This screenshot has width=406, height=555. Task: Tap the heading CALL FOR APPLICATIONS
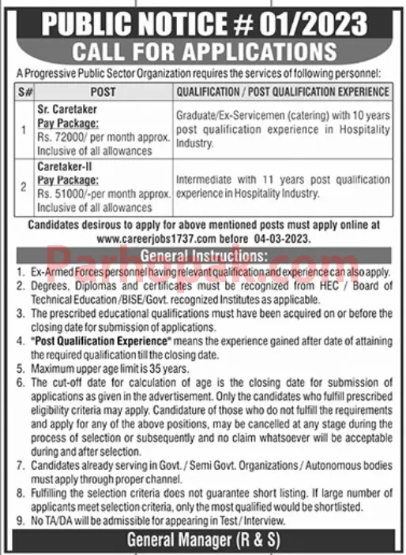tap(203, 54)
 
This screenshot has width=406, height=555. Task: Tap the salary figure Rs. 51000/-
tap(63, 196)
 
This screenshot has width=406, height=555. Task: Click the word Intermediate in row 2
tap(205, 179)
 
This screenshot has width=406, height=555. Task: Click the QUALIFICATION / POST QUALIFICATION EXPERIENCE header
tap(283, 92)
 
